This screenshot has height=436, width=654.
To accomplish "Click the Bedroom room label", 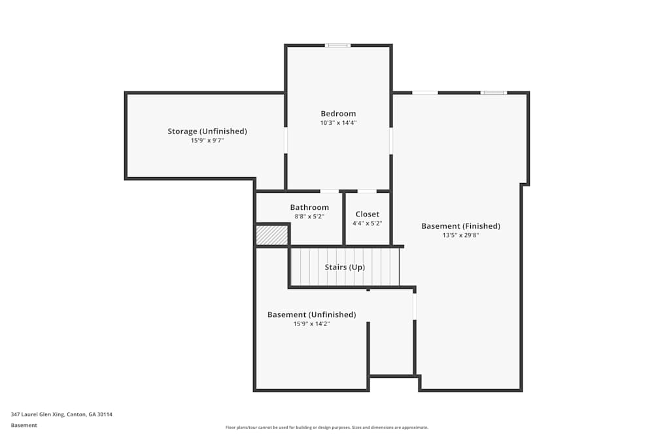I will point(338,113).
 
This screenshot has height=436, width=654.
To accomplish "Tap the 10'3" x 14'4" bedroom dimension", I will point(338,123).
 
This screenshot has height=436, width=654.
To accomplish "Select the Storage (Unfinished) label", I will point(207,131).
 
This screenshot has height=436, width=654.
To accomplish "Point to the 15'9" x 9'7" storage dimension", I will point(207,141).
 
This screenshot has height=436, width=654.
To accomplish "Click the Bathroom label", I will point(309,207).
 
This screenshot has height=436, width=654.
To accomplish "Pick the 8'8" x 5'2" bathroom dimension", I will point(309,216).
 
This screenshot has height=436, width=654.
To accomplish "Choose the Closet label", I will point(367,214).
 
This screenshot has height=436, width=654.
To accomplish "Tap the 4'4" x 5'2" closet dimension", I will point(367,223).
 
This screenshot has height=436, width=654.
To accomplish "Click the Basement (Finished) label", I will point(460,226).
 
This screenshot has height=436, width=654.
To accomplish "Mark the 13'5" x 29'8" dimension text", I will point(460,235).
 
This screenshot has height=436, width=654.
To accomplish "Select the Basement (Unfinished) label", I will point(311,314).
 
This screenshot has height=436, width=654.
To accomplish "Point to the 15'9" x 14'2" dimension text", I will point(311,324).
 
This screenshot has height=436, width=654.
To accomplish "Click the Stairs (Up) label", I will point(345,267).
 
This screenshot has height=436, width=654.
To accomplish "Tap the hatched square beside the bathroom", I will point(271,235).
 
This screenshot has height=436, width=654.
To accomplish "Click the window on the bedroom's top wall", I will point(338,46).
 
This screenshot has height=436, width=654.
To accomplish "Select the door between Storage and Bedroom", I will point(286,140).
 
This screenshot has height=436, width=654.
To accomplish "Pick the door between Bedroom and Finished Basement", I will point(391,140).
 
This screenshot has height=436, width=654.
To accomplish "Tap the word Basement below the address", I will point(24,425).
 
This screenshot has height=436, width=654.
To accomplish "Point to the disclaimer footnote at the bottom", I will point(327,428).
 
